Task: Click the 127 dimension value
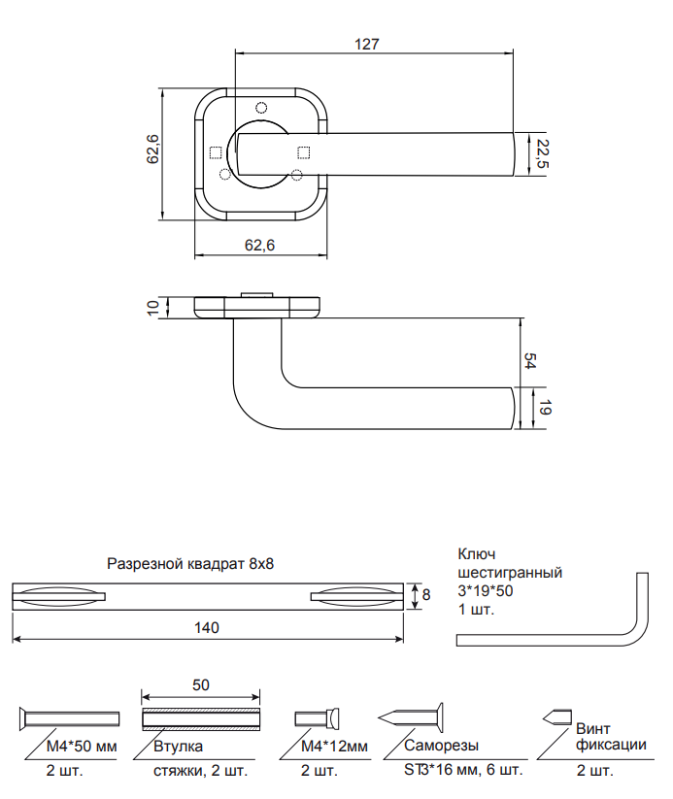tap(367, 44)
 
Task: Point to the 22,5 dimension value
tap(542, 154)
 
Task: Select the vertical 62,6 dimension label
tap(153, 150)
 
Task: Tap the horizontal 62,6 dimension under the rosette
tap(260, 247)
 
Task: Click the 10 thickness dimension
tap(152, 307)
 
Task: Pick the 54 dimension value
tap(530, 360)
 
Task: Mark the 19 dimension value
tap(545, 409)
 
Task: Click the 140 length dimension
tap(208, 628)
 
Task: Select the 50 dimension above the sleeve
tap(201, 684)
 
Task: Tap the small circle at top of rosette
tap(260, 107)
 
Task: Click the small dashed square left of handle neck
tap(216, 151)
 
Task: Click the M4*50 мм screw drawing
tap(68, 719)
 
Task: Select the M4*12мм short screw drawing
tap(318, 719)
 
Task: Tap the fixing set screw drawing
tap(555, 717)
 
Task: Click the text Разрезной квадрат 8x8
tap(191, 563)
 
